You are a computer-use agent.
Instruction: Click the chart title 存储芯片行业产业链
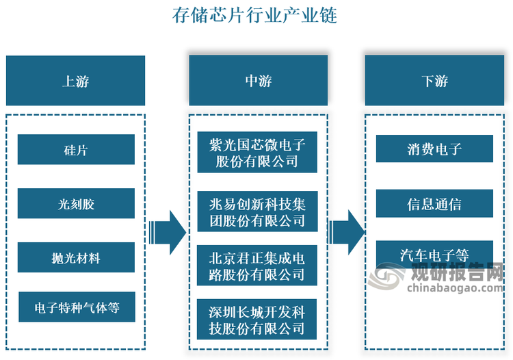click(x=256, y=16)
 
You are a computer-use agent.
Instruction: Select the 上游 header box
click(x=75, y=81)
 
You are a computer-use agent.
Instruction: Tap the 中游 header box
click(x=258, y=81)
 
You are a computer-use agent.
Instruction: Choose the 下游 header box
click(x=434, y=81)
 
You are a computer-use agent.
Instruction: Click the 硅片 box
click(x=75, y=149)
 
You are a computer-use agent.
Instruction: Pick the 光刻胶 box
click(x=75, y=203)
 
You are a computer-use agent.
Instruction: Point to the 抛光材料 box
click(x=75, y=257)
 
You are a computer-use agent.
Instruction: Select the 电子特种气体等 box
click(x=75, y=307)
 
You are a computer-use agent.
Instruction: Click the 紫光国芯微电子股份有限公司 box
click(x=257, y=152)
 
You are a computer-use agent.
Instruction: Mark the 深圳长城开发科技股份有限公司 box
click(x=257, y=319)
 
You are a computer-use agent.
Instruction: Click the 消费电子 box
click(x=434, y=149)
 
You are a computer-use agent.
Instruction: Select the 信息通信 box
click(x=434, y=203)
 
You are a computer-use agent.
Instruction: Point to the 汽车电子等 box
click(x=434, y=254)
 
